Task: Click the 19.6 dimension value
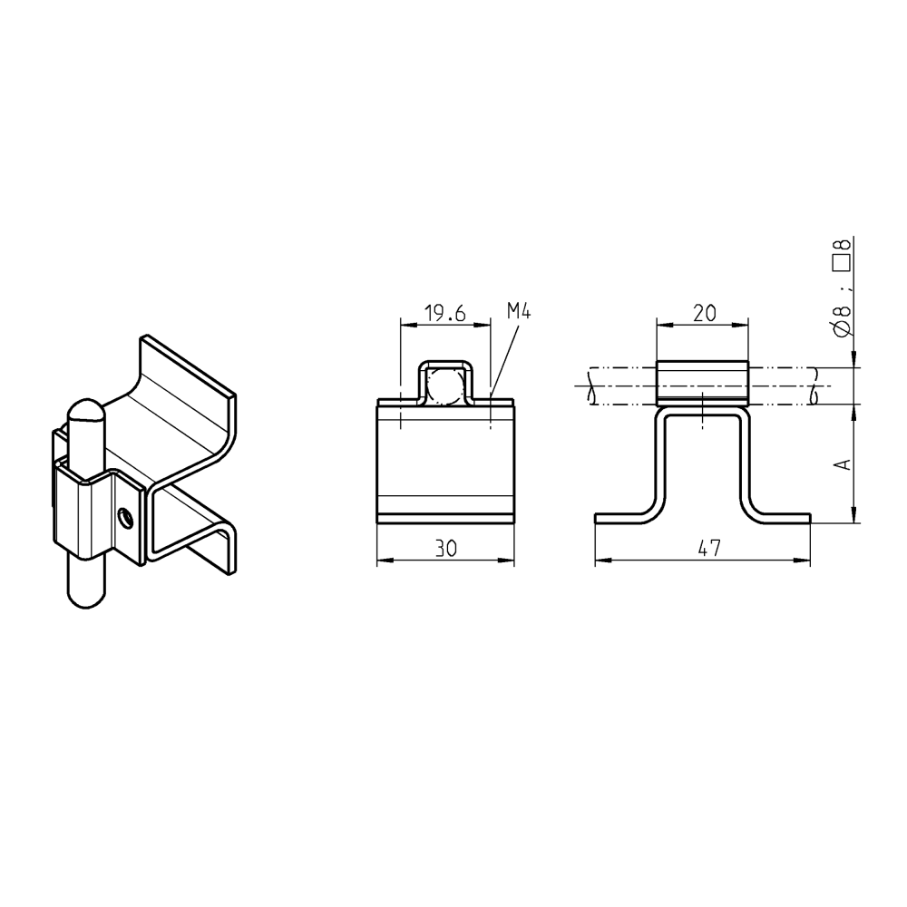[x=444, y=314]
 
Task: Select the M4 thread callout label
[x=518, y=311]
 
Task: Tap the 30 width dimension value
[x=444, y=549]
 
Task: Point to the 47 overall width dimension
[x=709, y=549]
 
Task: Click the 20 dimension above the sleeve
[x=703, y=314]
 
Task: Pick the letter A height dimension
[x=843, y=463]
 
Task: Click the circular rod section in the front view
[x=444, y=385]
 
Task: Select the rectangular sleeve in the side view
[x=702, y=382]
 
